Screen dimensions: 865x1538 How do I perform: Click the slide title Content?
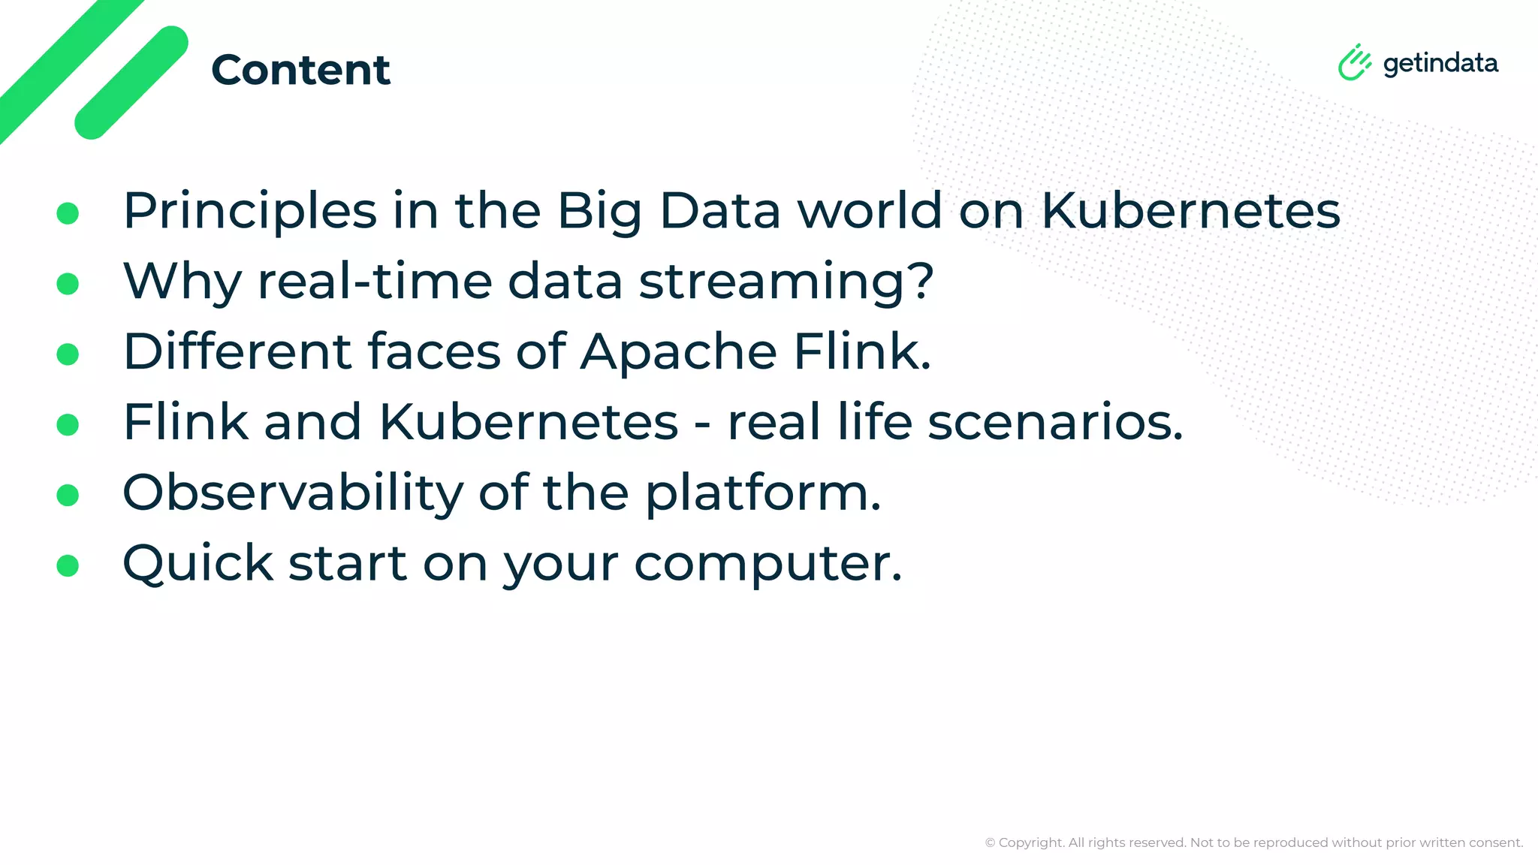(300, 70)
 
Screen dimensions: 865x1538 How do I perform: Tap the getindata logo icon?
(1354, 62)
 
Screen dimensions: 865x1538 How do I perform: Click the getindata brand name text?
(1440, 64)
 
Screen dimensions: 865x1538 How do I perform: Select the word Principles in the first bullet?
(249, 211)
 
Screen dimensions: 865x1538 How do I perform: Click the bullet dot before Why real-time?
(68, 284)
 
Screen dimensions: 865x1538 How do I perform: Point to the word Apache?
(678, 351)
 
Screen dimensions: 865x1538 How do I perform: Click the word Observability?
(293, 493)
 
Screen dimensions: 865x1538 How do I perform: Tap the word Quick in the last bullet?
(198, 563)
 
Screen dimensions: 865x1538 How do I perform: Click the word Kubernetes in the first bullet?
(1190, 210)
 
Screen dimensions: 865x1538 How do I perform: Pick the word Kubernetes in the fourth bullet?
(528, 422)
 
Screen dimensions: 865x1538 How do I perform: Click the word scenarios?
(1054, 422)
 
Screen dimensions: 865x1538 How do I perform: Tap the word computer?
(767, 563)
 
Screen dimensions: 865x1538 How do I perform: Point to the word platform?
(762, 493)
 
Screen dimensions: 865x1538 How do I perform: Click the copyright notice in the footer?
(1253, 842)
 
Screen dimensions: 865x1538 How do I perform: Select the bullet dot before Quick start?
(68, 565)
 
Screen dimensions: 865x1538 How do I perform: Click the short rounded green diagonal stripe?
(131, 83)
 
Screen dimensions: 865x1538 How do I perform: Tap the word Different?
(237, 351)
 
